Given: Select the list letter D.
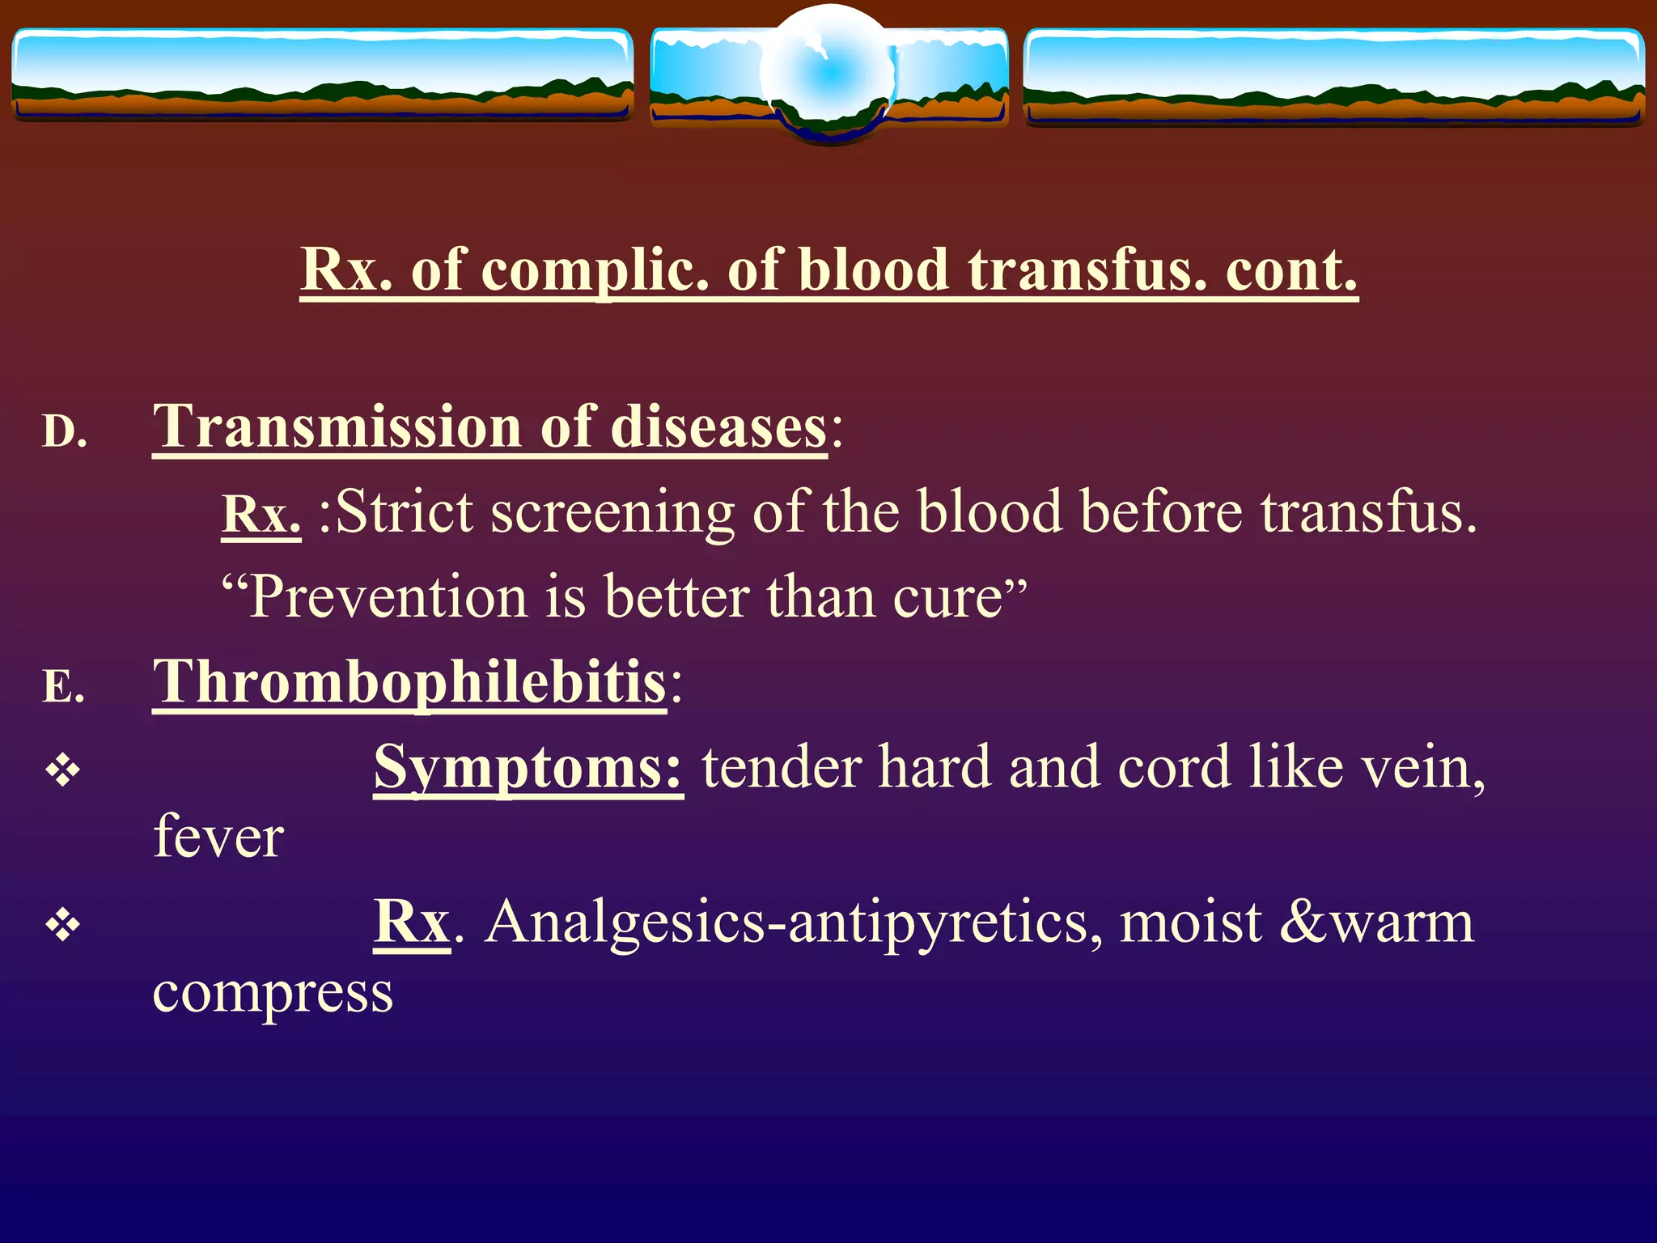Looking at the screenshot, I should coord(64,431).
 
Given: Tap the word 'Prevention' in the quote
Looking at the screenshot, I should coord(388,597).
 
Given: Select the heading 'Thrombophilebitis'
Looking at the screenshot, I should coord(409,682).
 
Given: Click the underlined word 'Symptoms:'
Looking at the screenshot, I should coord(528,767).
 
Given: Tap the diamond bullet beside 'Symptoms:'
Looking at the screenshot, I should coord(63,770).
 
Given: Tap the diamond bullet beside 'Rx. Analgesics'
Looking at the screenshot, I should coord(63,924).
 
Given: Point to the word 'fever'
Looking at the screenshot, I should coord(218,837).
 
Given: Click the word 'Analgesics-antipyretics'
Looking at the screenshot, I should coord(792,923).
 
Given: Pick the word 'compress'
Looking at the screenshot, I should coord(273,993).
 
